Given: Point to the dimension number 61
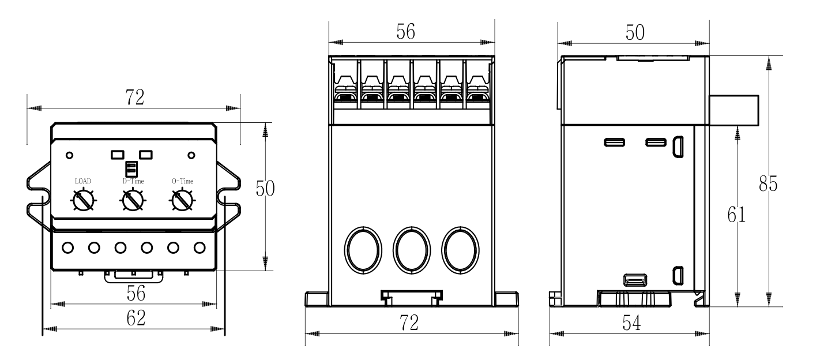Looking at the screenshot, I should (736, 215).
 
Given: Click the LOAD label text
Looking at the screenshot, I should (83, 181).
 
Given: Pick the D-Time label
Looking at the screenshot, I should (133, 181).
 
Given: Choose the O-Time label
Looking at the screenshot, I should (183, 181).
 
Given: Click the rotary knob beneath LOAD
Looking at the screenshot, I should (84, 201).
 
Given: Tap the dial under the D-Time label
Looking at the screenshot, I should (133, 201).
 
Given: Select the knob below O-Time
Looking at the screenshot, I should (183, 201).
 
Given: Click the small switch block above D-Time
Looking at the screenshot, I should (131, 168).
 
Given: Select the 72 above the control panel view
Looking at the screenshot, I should (134, 99).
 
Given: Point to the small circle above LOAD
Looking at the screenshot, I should (70, 155).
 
